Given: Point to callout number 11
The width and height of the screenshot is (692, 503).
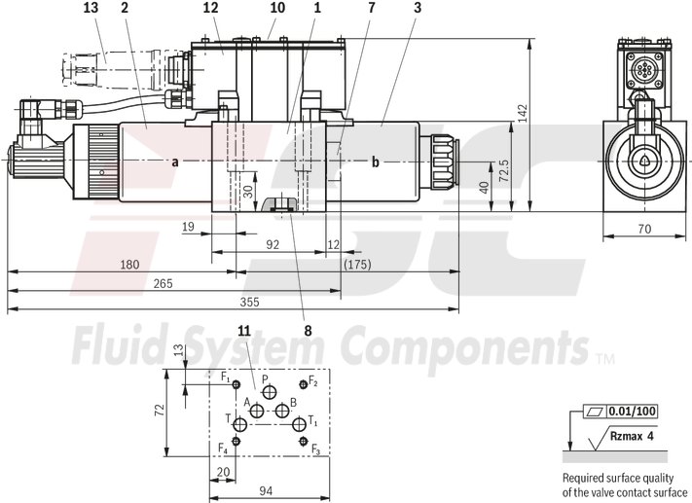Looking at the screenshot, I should [243, 331].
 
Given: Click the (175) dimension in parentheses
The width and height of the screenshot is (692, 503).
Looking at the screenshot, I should [358, 264].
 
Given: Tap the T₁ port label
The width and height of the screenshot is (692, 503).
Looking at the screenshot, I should [312, 421].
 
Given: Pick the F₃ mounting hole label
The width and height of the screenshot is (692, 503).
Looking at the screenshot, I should [315, 449].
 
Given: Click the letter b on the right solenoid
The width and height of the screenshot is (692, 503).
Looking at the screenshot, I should [375, 162].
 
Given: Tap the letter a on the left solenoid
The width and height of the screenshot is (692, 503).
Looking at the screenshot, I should [175, 162].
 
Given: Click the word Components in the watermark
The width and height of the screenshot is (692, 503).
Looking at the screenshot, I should [467, 345].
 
